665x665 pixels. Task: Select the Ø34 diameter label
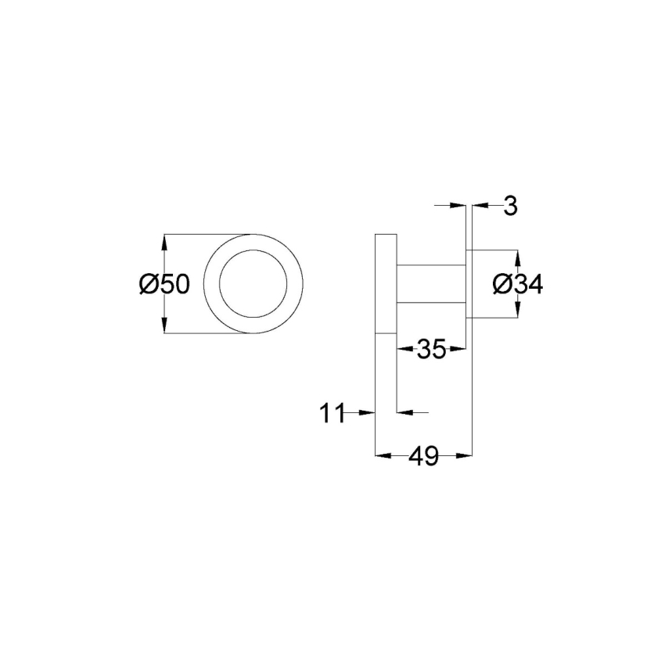517,286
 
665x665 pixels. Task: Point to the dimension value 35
431,350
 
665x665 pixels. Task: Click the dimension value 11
332,412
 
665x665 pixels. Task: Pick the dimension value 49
423,455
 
